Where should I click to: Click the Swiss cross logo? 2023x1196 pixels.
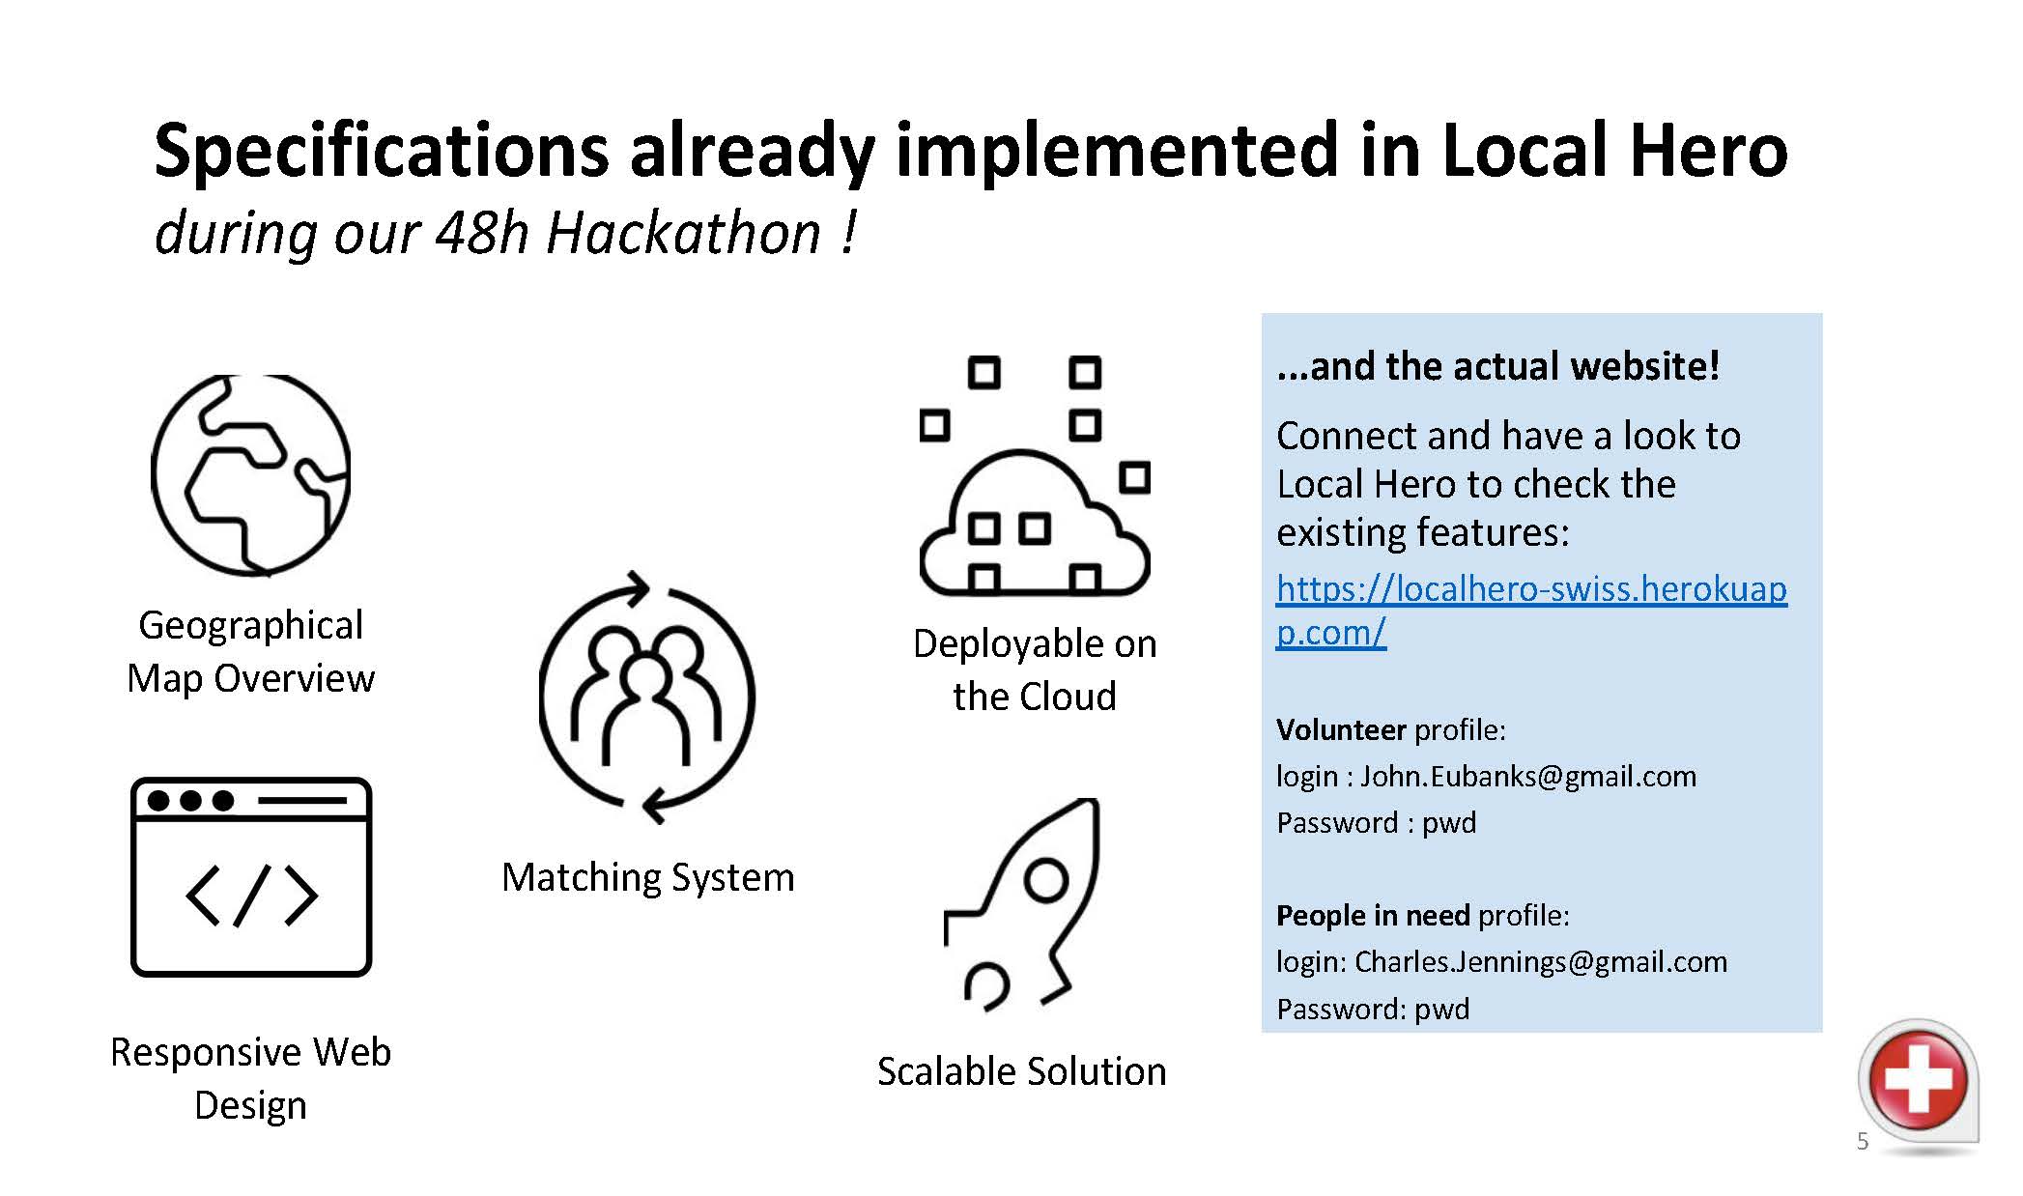pos(1918,1080)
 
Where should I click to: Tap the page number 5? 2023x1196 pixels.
pos(1863,1141)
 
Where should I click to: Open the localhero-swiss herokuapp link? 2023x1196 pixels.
pos(1531,610)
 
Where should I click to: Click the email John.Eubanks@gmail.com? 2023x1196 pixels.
pos(1528,776)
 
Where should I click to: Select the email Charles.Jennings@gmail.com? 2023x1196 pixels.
pos(1541,961)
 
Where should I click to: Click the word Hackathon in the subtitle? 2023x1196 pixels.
pos(683,233)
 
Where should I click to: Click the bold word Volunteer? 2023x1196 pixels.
pos(1341,729)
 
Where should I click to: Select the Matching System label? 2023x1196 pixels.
pos(648,877)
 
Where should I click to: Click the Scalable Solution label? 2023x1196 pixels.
pos(1022,1071)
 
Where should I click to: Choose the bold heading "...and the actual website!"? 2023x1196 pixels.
pos(1498,366)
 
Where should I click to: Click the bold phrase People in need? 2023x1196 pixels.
pos(1373,915)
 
